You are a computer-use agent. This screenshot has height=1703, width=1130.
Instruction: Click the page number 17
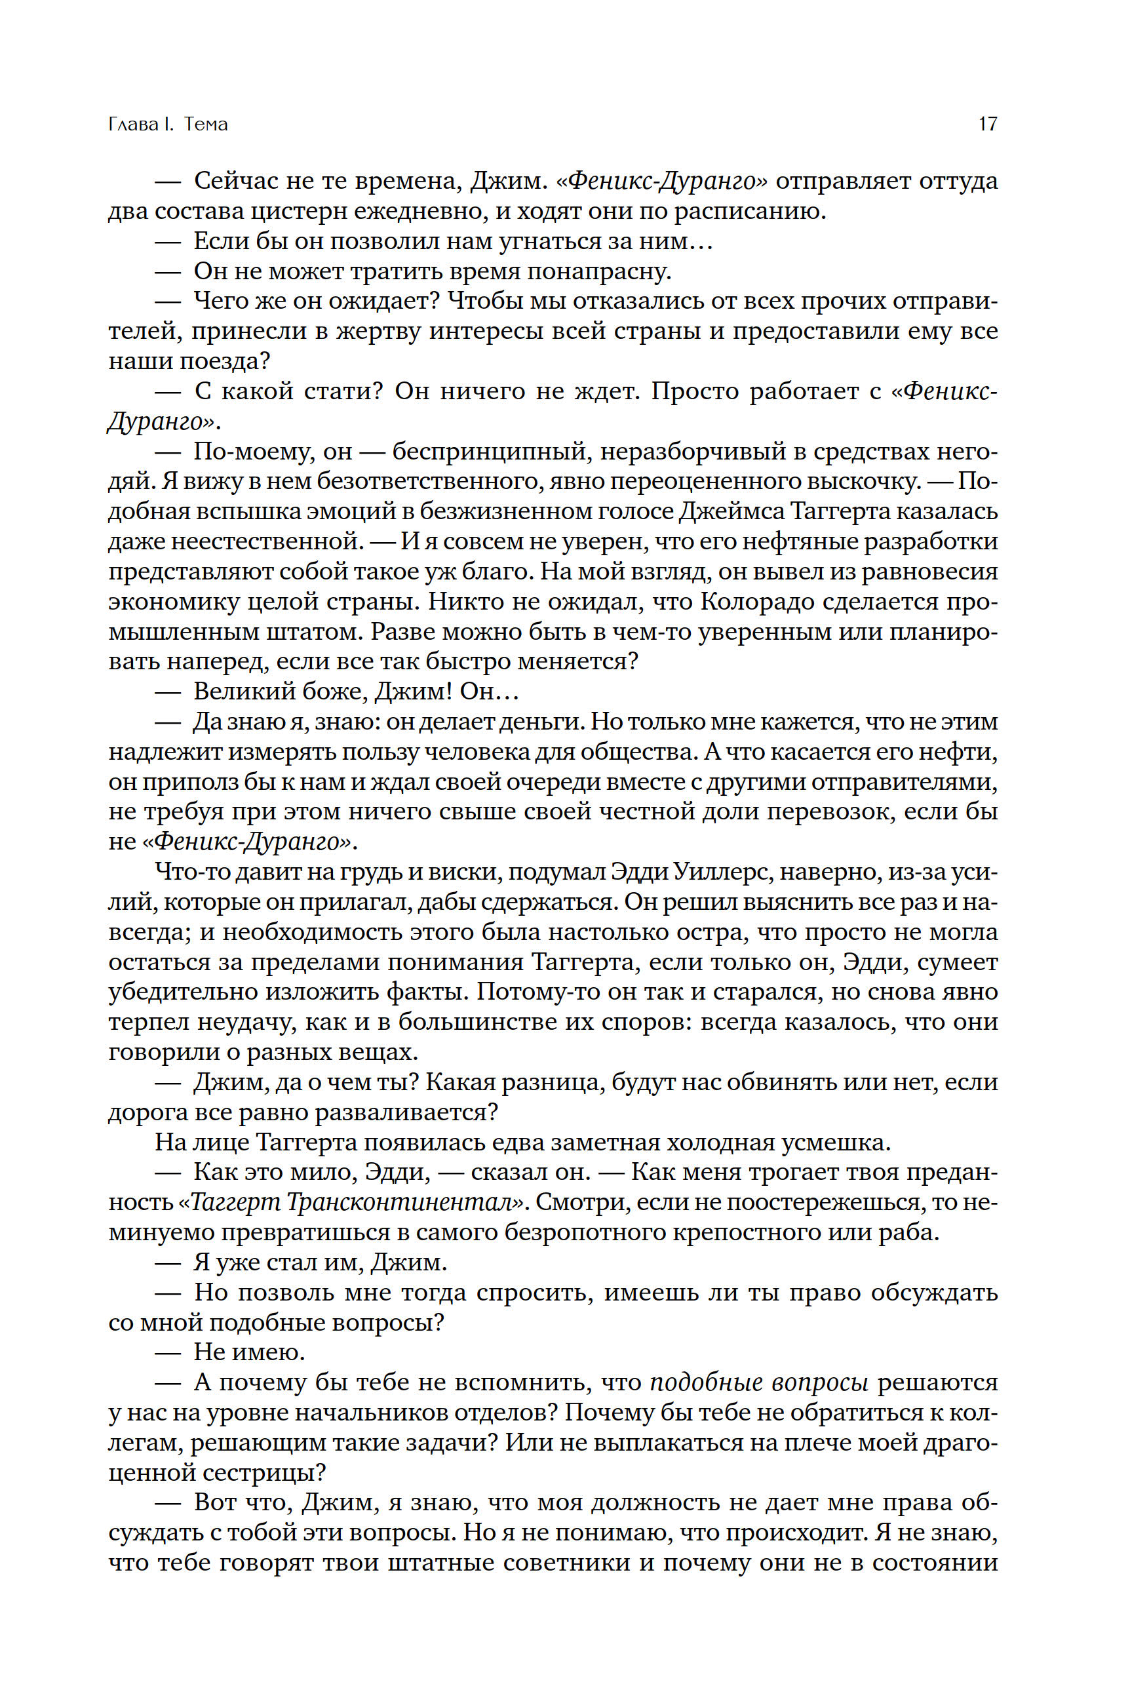pos(987,124)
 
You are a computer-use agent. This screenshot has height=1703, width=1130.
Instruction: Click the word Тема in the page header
pos(206,124)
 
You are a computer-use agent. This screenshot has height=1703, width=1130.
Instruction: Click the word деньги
pos(549,722)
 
